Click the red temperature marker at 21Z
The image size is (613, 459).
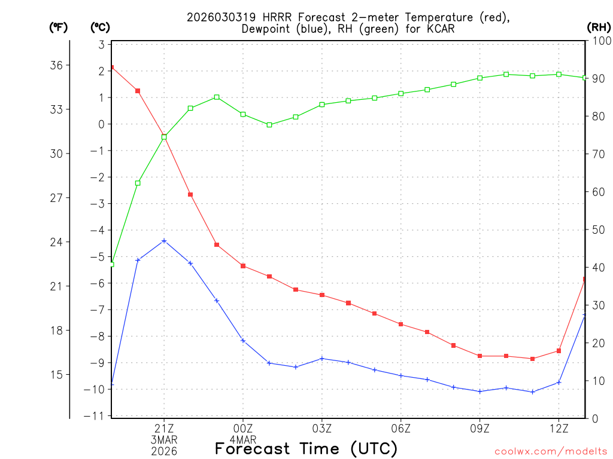164,136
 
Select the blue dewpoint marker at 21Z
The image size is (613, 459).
164,241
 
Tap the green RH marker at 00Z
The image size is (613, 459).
243,114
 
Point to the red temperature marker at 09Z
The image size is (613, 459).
480,356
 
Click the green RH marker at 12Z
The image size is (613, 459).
559,74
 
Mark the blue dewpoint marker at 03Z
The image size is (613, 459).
322,359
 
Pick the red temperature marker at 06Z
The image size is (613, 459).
401,325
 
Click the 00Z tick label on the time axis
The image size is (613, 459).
243,428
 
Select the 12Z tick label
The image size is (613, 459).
559,428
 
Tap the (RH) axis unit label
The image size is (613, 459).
599,27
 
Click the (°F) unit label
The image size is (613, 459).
58,27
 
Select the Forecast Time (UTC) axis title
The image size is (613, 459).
306,448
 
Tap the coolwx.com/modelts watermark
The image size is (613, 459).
551,451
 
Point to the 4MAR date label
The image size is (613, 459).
243,439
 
